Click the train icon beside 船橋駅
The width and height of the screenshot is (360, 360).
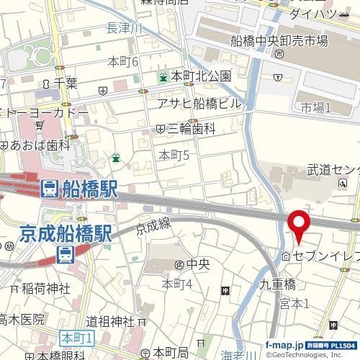48,189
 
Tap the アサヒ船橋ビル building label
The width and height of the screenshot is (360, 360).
200,103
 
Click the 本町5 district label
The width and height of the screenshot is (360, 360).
174,155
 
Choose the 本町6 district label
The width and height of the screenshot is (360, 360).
122,62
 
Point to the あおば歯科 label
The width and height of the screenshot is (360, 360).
40,145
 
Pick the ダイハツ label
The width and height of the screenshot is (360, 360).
310,13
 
